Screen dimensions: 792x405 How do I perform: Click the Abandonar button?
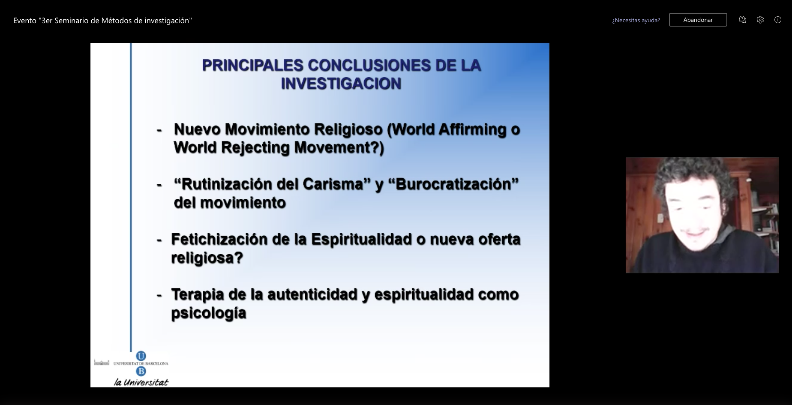698,20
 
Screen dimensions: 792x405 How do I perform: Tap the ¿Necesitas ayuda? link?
636,20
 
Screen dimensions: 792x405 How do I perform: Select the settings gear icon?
760,20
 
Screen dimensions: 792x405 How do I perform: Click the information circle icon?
778,20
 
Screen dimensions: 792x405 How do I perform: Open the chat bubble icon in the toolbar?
743,20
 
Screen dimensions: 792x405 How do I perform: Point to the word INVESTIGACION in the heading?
341,84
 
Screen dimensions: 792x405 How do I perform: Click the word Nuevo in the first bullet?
197,129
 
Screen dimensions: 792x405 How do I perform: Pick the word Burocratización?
454,184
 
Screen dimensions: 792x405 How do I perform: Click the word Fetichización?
219,239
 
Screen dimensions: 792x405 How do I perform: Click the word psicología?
209,313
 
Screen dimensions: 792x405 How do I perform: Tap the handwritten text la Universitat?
141,382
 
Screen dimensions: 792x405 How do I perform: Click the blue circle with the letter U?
141,356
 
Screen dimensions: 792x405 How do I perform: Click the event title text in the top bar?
102,21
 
